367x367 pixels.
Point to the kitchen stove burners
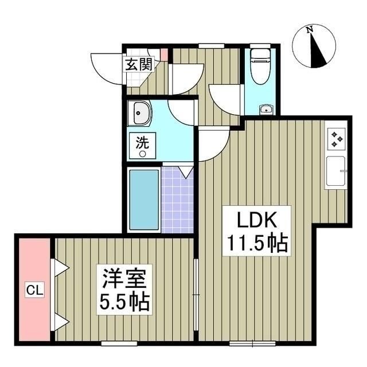336,138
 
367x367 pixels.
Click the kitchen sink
336,171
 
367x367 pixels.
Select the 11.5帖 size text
255,245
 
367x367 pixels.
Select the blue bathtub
144,199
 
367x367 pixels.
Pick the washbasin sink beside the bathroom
139,114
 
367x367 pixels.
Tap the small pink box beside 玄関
163,56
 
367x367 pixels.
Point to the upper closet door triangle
60,266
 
